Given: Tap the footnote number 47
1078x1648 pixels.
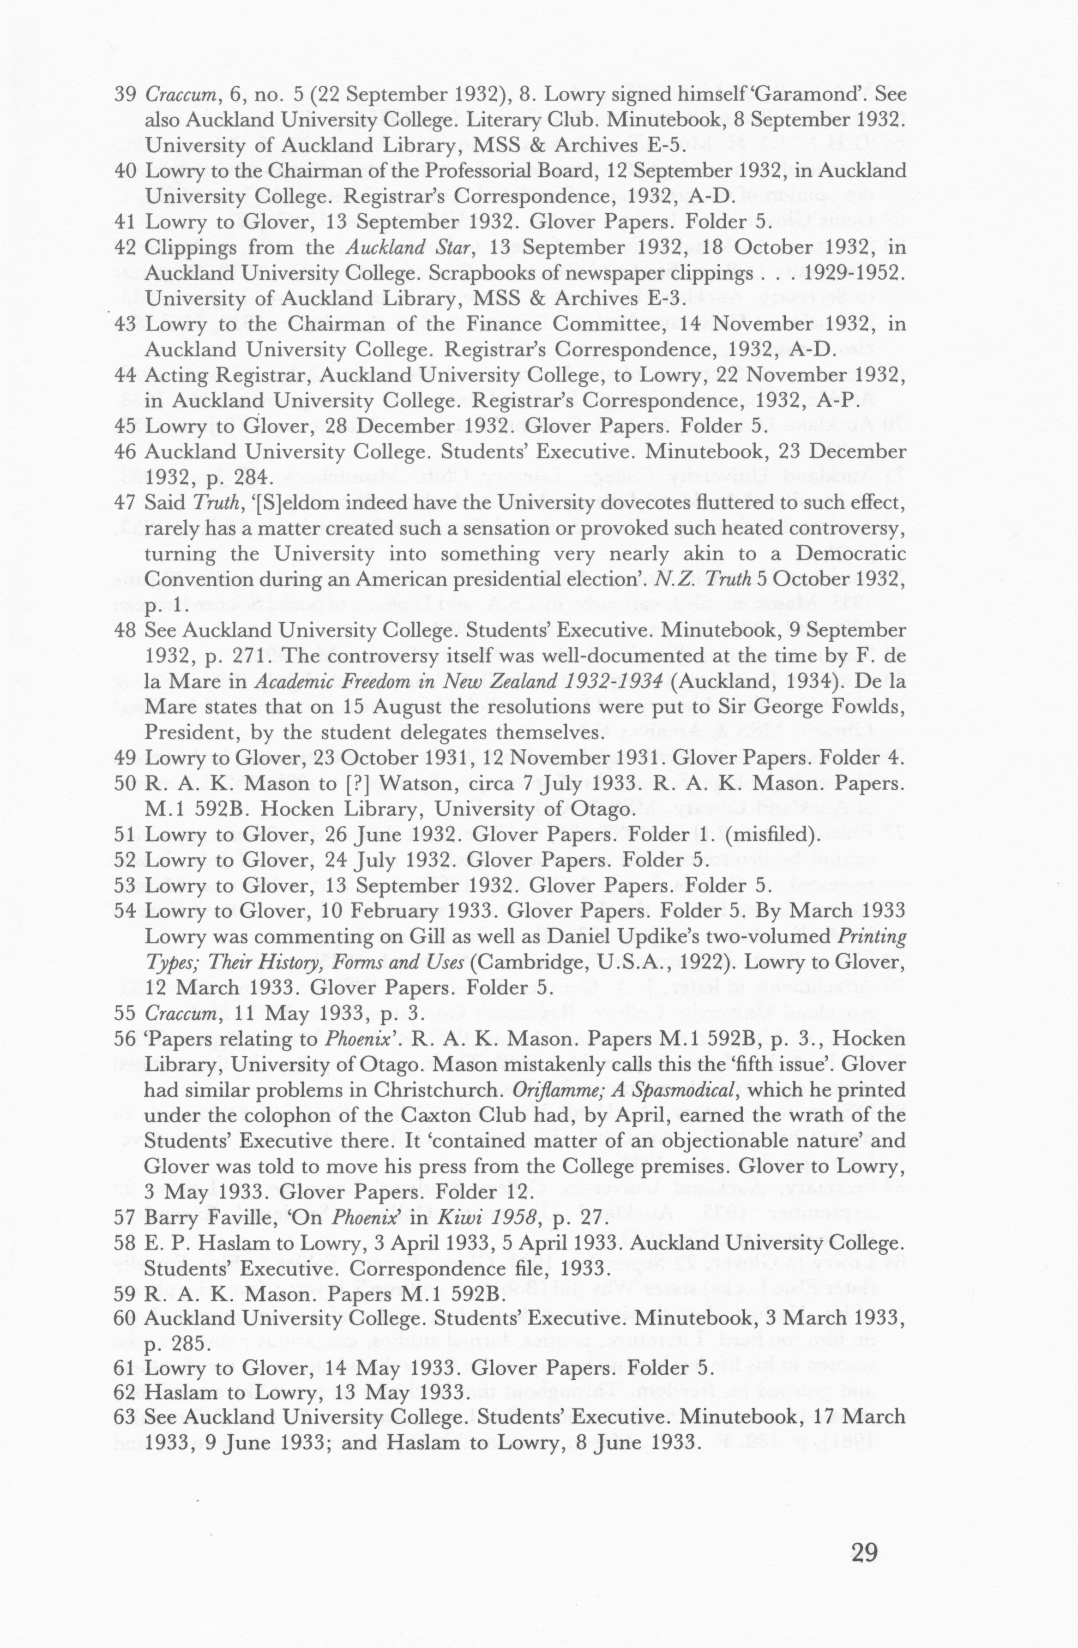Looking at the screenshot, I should pyautogui.click(x=125, y=503).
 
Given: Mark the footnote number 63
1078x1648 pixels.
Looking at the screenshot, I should pyautogui.click(x=125, y=1397).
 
